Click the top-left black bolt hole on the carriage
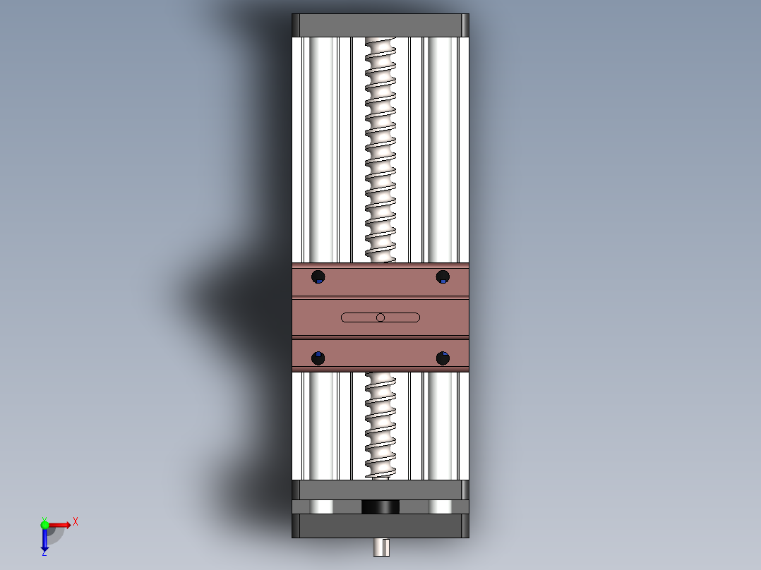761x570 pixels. click(x=318, y=277)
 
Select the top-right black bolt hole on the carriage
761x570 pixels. click(x=443, y=276)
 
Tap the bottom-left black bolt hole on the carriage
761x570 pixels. click(x=318, y=358)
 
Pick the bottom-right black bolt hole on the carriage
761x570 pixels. click(x=443, y=358)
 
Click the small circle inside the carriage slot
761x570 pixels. click(x=380, y=317)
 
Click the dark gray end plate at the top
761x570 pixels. click(x=380, y=25)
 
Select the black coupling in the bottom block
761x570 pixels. click(x=380, y=507)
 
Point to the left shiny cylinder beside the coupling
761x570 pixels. click(x=322, y=507)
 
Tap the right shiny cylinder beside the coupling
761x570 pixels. click(x=439, y=507)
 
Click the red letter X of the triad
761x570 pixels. click(x=76, y=521)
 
